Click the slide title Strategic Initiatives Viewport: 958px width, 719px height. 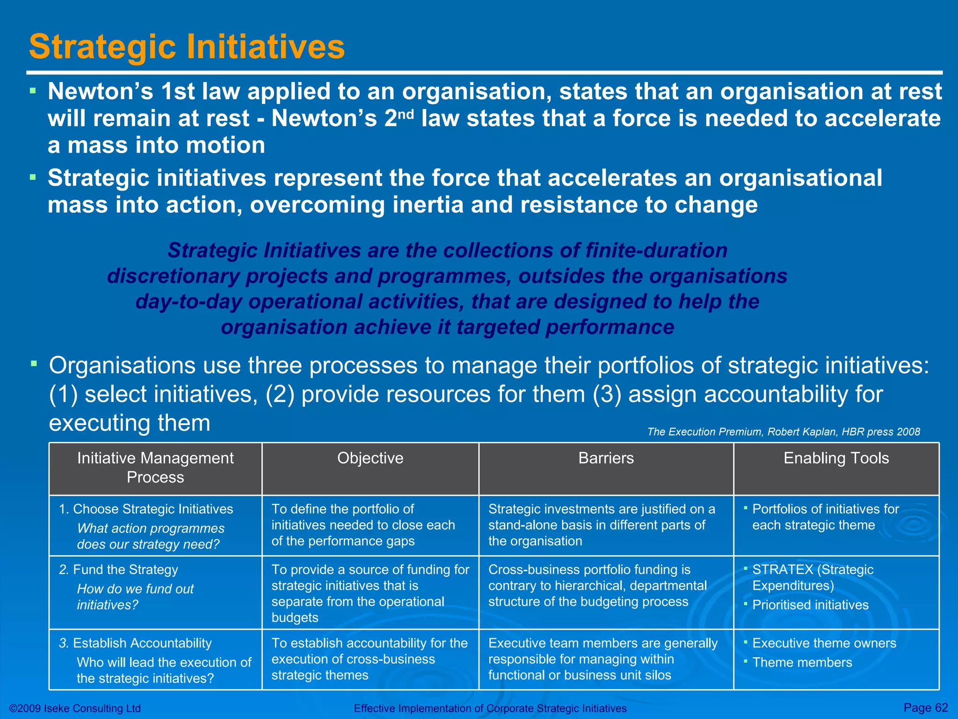187,47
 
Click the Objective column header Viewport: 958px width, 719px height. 370,458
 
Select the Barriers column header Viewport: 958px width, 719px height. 606,458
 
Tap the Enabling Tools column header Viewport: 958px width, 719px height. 836,458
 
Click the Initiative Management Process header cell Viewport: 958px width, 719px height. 155,467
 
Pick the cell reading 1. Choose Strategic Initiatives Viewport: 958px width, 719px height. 146,509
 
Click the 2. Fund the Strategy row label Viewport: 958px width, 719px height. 119,569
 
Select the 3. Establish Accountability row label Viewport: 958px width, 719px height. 136,643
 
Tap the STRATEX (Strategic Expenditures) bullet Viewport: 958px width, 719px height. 813,577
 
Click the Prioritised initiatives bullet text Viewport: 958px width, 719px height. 810,605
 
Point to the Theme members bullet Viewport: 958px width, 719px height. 802,662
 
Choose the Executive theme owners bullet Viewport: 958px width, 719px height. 824,643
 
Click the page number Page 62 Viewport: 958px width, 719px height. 925,707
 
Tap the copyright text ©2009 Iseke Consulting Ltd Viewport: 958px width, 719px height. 75,708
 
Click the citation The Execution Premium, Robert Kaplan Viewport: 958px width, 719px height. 783,432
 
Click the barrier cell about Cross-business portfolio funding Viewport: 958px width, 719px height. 597,585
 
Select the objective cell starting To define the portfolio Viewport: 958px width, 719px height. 363,525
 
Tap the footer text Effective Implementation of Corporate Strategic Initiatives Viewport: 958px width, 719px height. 490,708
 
